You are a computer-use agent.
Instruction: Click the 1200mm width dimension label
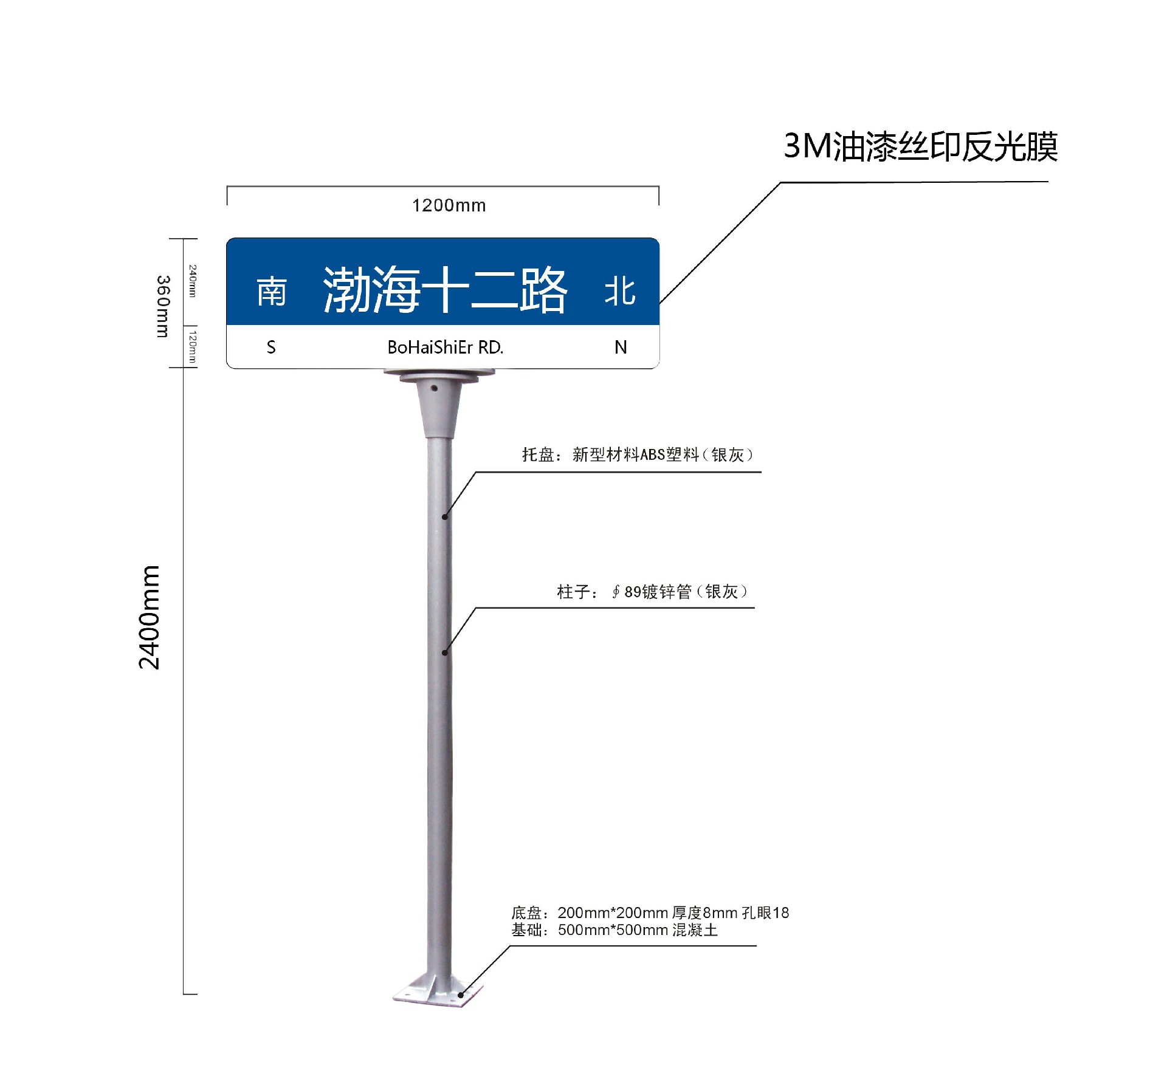[x=449, y=205]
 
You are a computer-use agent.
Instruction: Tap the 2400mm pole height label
[x=149, y=617]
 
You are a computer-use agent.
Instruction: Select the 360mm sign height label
[x=163, y=306]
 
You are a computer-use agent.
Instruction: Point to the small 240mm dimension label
[x=192, y=281]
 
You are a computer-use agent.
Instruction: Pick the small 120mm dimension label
[x=192, y=346]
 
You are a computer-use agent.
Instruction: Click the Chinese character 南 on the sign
[x=271, y=292]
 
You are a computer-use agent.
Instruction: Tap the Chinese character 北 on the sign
[x=620, y=292]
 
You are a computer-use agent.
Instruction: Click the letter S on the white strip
[x=271, y=348]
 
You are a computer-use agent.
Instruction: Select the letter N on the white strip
[x=621, y=348]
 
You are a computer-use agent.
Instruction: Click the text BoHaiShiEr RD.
[x=446, y=348]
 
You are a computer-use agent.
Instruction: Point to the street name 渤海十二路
[x=445, y=290]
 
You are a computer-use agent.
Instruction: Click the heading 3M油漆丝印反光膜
[x=920, y=147]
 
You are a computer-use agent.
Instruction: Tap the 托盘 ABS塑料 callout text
[x=638, y=455]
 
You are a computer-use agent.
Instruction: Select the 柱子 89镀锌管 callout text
[x=652, y=592]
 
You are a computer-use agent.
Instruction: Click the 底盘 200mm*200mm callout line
[x=650, y=913]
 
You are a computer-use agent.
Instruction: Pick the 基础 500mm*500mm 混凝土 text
[x=614, y=930]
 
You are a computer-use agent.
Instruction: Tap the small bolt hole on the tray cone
[x=434, y=388]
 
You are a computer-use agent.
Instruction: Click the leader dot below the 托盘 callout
[x=445, y=517]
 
